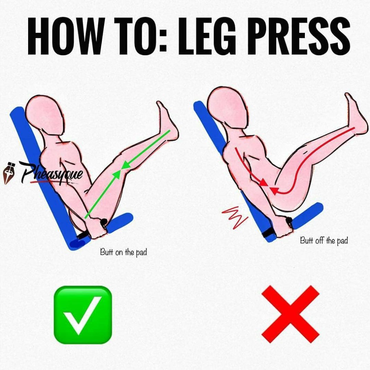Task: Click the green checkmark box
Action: point(83,315)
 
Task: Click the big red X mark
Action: point(290,314)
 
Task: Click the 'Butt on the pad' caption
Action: point(123,252)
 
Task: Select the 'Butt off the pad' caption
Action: point(324,240)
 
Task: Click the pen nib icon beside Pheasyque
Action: point(7,173)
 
